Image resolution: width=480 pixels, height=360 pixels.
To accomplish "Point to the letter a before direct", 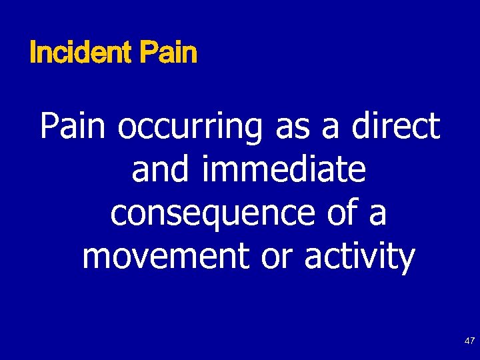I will coord(329,129).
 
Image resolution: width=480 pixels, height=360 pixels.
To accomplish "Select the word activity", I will coord(359,257).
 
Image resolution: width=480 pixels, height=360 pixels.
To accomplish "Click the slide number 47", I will coord(469,341).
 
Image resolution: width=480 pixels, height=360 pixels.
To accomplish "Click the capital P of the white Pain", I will coord(51,126).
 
